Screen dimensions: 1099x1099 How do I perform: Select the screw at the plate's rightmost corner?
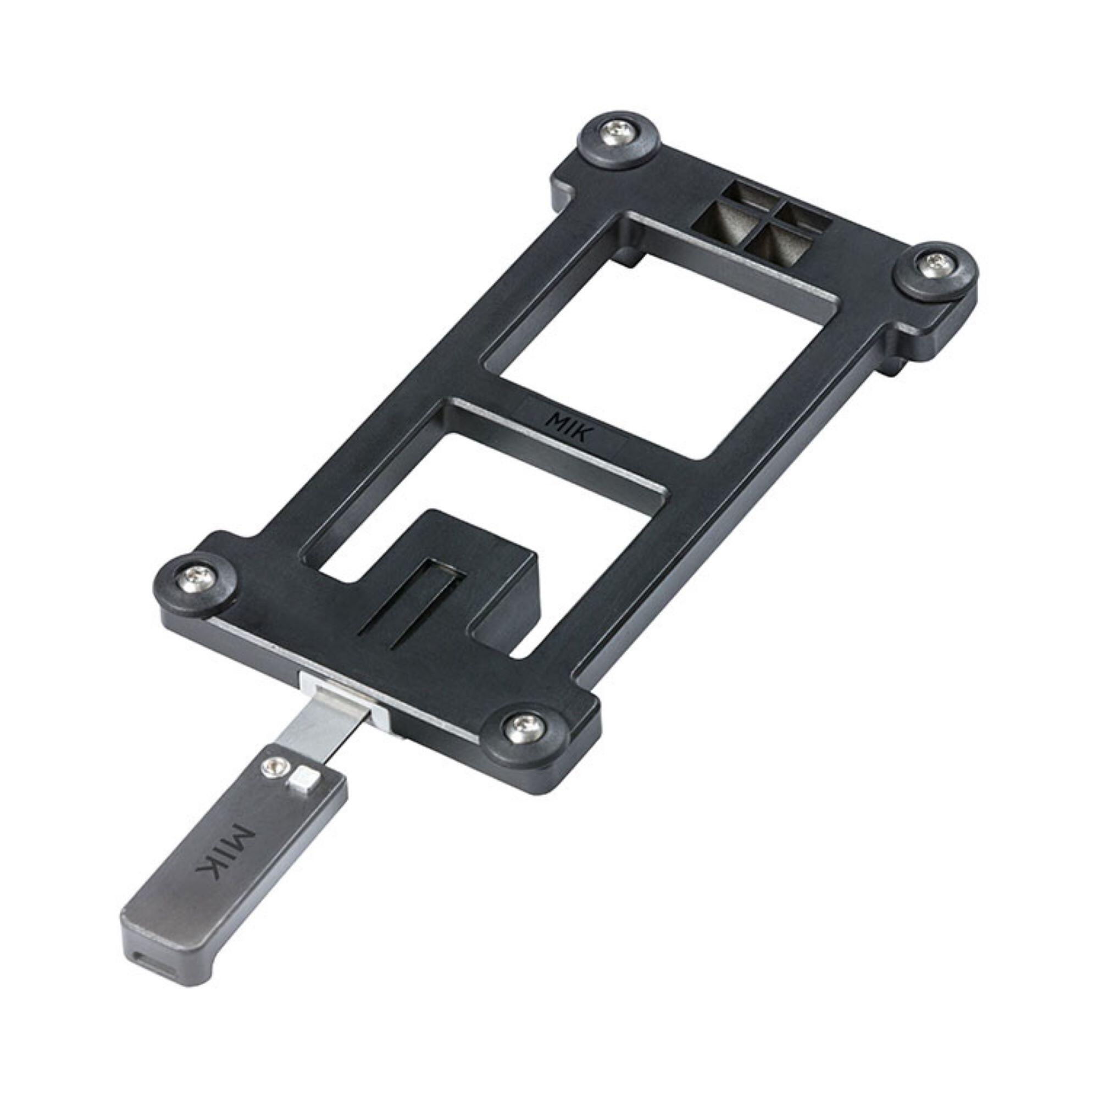937,263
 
